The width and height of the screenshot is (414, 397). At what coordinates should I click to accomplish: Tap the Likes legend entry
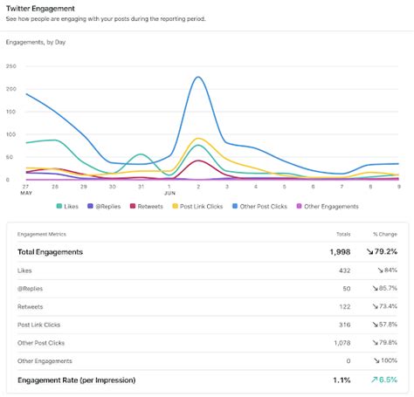72,206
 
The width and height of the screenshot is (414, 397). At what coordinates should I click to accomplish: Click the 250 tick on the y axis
10,66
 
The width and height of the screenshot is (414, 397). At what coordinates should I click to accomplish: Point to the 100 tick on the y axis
10,134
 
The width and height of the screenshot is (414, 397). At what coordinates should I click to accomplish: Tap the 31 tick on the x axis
141,186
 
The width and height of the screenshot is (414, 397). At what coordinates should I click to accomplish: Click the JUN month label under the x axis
170,193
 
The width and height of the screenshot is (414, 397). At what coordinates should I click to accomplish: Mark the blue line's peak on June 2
198,77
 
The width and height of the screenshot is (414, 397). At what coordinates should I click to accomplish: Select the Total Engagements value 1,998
339,252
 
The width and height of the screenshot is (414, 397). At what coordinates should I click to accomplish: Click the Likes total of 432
343,270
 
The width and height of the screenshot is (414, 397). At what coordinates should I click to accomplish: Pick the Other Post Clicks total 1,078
340,343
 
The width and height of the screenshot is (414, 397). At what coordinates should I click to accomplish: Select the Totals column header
342,235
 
